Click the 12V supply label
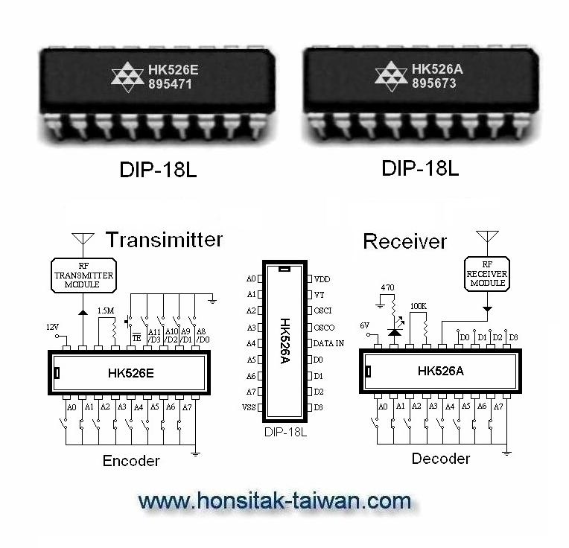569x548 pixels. [x=52, y=327]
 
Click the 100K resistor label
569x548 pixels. [x=419, y=306]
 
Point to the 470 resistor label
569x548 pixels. [x=387, y=287]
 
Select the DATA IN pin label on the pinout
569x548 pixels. [x=330, y=343]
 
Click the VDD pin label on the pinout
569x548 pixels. [x=322, y=278]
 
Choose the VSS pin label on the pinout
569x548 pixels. [x=249, y=407]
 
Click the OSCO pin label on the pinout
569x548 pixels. [x=325, y=327]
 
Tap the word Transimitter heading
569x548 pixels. [x=164, y=240]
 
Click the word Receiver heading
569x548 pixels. [x=404, y=241]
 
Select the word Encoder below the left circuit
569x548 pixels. [x=131, y=461]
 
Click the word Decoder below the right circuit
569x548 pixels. [x=441, y=459]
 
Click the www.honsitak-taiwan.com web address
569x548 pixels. [x=275, y=500]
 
